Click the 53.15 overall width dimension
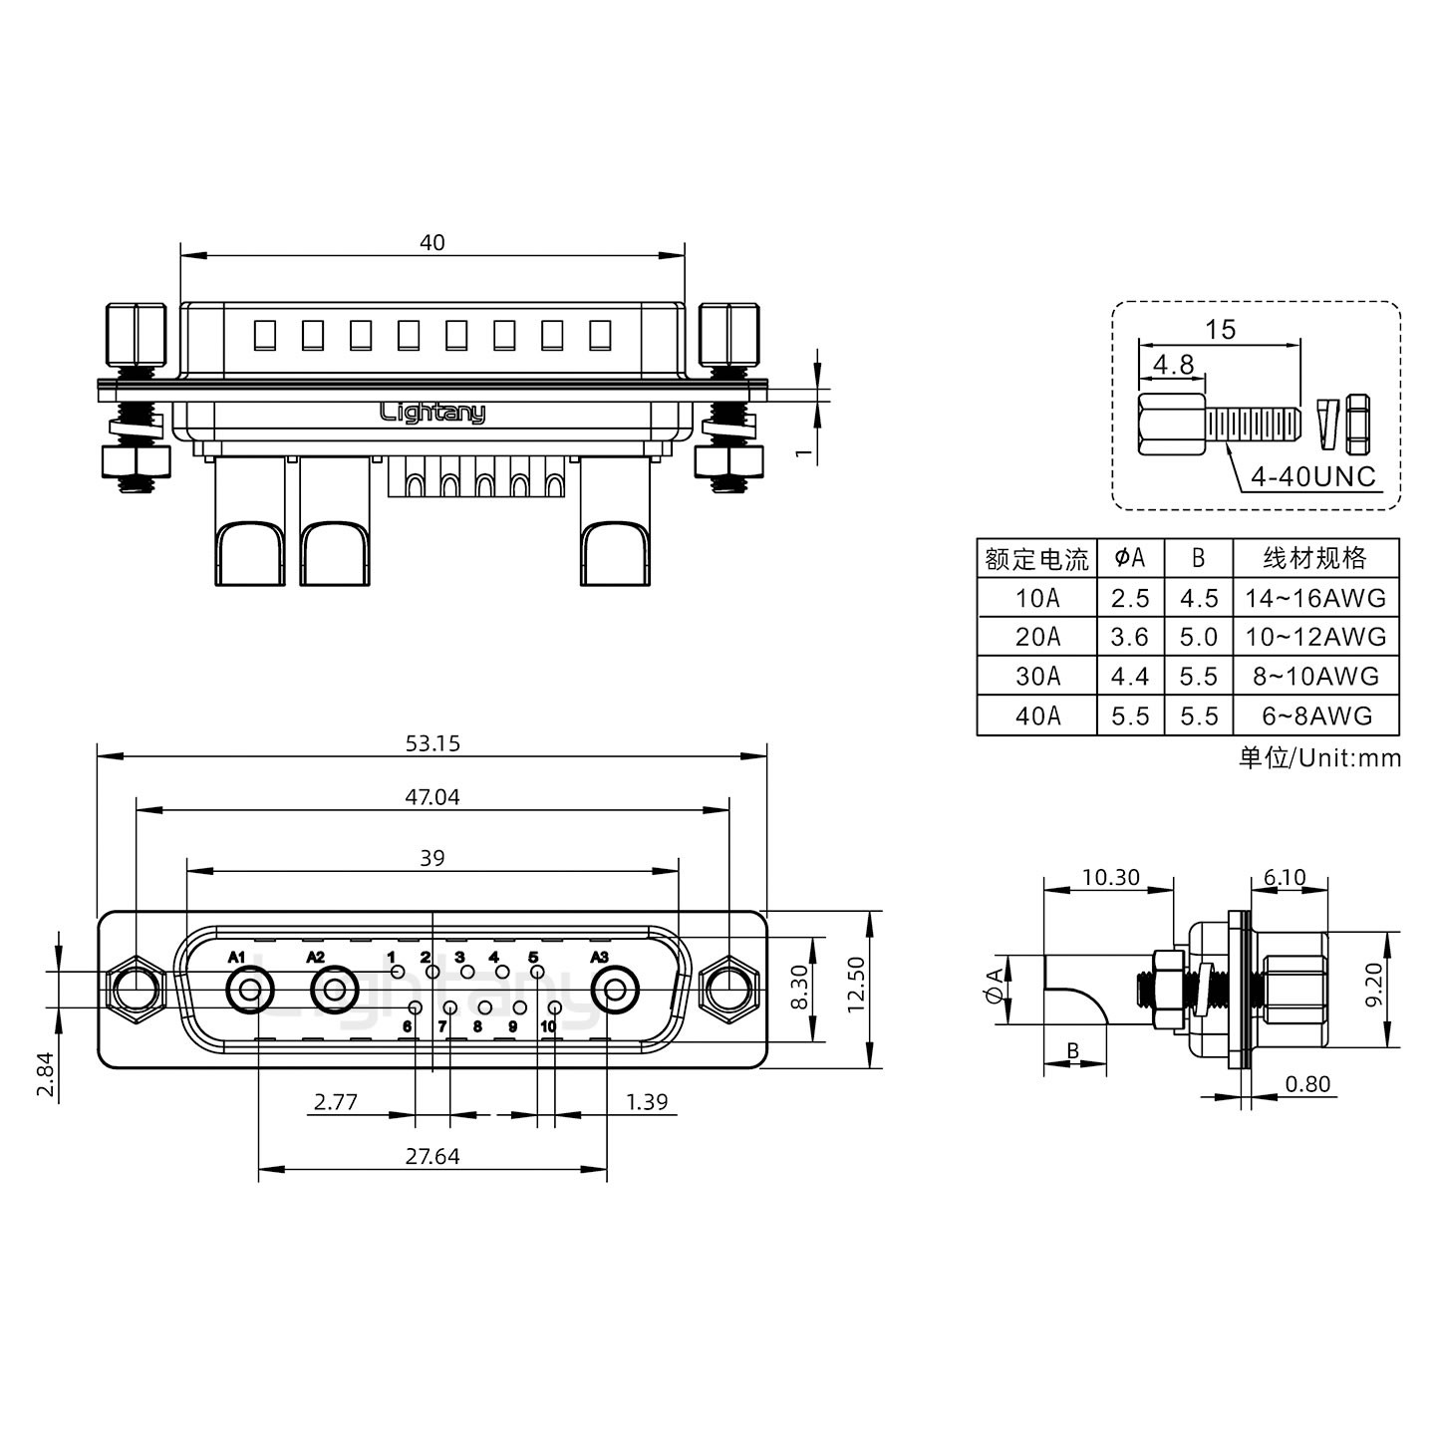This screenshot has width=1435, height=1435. tap(432, 743)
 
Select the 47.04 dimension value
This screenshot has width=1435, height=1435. tap(432, 797)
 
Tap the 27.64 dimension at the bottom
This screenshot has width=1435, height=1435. tap(432, 1156)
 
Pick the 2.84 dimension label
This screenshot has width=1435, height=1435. tap(44, 1074)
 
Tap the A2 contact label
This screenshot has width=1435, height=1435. tap(315, 958)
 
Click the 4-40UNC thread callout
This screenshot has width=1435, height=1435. tap(1312, 476)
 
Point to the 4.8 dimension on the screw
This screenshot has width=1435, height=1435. tap(1173, 365)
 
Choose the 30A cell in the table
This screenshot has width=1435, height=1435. tap(1037, 677)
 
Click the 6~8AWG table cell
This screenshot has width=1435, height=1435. tap(1315, 716)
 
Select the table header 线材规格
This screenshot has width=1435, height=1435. tap(1315, 558)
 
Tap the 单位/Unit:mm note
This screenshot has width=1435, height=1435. tap(1319, 758)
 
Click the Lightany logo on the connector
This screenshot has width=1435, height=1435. tap(432, 413)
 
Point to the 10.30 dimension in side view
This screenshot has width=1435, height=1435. tap(1109, 877)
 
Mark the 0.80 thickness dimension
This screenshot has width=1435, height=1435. tap(1307, 1084)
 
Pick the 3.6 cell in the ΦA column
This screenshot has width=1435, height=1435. tap(1130, 637)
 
